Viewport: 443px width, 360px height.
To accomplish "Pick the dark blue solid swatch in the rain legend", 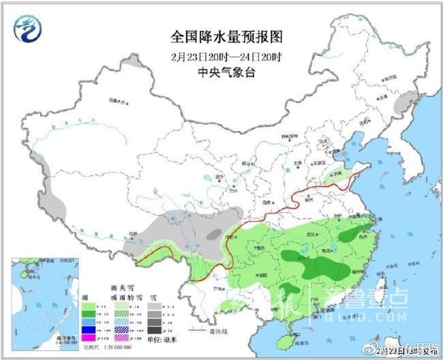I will (87, 329).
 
